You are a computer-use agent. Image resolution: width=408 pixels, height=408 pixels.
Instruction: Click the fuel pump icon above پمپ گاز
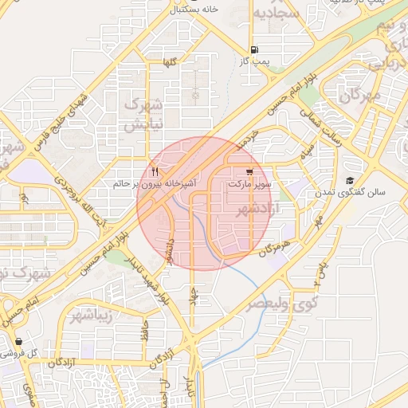(253, 48)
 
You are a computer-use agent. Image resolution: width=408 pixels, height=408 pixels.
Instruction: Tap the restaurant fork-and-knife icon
(155, 171)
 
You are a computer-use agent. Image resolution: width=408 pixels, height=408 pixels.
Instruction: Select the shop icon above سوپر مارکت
(249, 171)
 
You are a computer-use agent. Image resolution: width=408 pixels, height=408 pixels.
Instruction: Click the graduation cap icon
(349, 181)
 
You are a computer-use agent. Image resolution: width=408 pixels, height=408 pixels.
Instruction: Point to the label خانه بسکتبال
(194, 9)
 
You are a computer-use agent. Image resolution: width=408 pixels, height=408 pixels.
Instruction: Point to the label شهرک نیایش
(145, 114)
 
